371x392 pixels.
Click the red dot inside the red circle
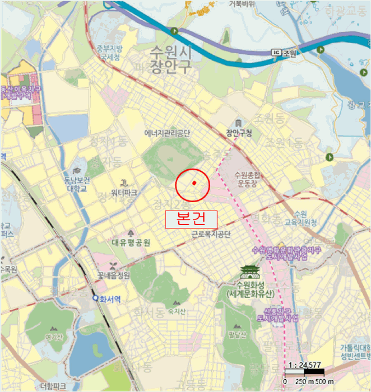tap(194, 183)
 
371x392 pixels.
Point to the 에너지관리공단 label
tap(168, 133)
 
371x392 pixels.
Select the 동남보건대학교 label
tap(77, 184)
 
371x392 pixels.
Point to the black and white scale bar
tap(304, 372)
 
